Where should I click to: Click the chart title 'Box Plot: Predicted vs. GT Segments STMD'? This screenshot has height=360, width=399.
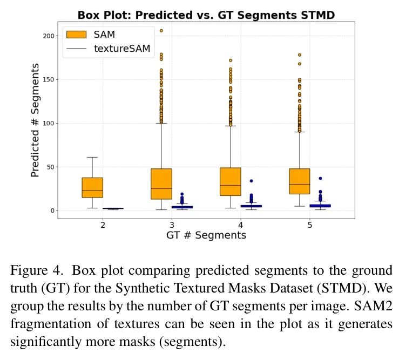tap(206, 15)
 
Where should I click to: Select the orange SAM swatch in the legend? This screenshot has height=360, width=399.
tap(76, 35)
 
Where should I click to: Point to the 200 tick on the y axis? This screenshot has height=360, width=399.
tap(49, 36)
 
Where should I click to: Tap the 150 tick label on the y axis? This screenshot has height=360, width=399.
tap(49, 79)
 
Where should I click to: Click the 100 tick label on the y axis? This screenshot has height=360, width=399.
tap(49, 123)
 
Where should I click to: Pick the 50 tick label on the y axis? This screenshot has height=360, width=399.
tap(50, 167)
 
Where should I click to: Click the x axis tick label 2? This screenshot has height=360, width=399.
tap(103, 225)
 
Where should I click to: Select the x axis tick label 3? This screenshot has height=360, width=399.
tap(172, 225)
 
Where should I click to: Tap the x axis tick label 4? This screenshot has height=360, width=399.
tap(241, 225)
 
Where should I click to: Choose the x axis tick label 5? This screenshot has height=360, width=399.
tap(309, 225)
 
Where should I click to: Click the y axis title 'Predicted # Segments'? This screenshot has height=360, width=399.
tap(36, 120)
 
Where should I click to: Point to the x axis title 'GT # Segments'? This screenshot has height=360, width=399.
tap(206, 235)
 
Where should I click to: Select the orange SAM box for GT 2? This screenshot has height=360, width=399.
tap(92, 187)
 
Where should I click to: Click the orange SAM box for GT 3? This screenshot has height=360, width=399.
tap(161, 184)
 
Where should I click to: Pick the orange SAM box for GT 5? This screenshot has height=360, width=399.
tap(300, 181)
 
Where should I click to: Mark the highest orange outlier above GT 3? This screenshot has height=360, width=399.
tap(161, 31)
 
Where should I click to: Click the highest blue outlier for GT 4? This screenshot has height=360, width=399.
tap(251, 181)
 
